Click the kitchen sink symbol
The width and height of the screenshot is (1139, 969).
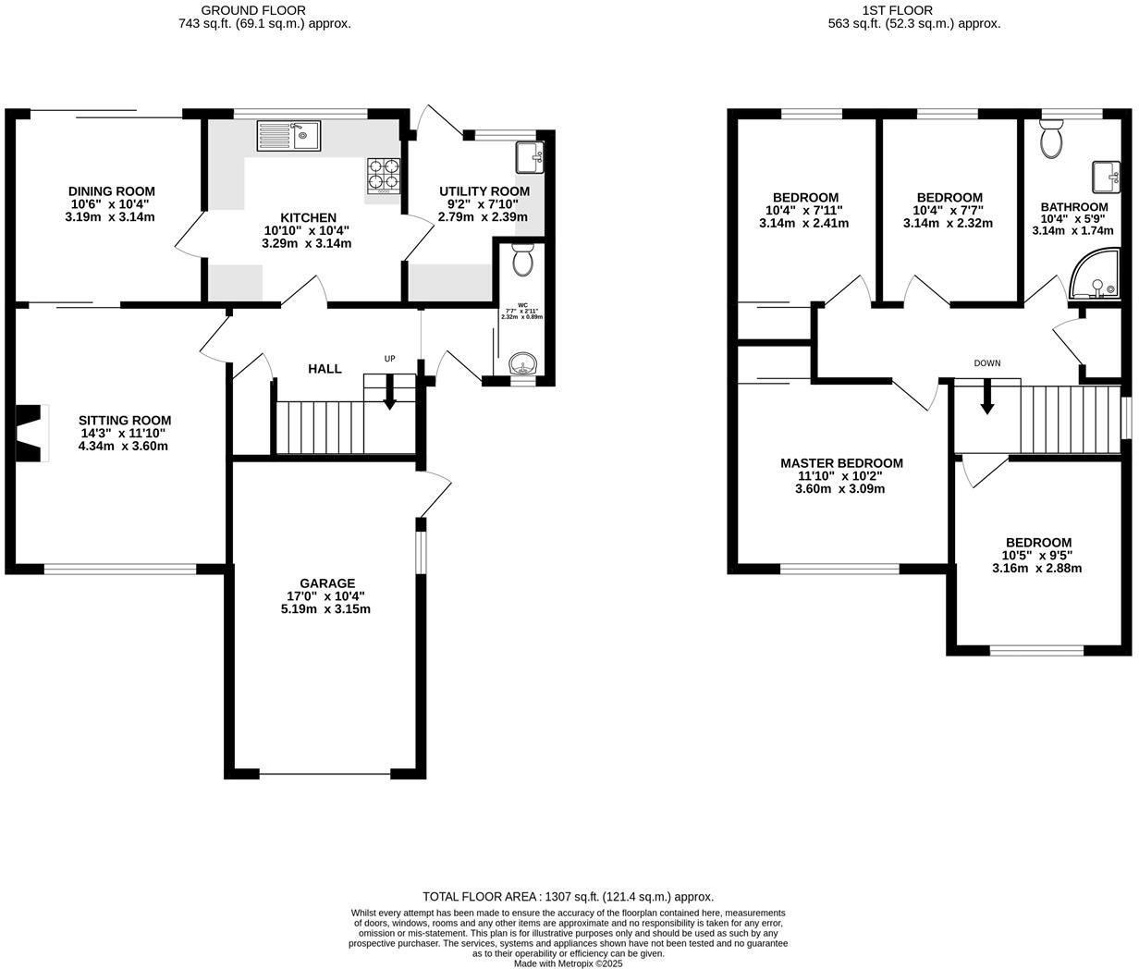(x=288, y=137)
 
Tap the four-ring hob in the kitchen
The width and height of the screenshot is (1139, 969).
(x=386, y=176)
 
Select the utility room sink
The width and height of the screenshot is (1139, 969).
(x=530, y=157)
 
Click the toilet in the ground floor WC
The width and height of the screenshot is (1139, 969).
(x=522, y=261)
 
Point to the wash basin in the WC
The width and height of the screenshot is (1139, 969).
(x=523, y=363)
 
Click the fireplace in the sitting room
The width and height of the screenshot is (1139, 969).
(x=32, y=433)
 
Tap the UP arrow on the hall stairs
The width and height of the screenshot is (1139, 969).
(x=389, y=392)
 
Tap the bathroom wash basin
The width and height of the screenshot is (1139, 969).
(x=1106, y=174)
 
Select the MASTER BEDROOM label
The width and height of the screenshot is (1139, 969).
(x=841, y=463)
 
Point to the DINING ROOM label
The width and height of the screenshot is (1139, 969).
(x=112, y=191)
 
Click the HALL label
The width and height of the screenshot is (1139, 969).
(x=325, y=369)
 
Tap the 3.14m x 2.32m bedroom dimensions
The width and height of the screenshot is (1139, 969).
(x=948, y=223)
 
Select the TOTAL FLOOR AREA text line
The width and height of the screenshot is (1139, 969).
(x=568, y=896)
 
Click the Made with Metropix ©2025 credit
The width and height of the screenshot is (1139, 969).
(x=568, y=963)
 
